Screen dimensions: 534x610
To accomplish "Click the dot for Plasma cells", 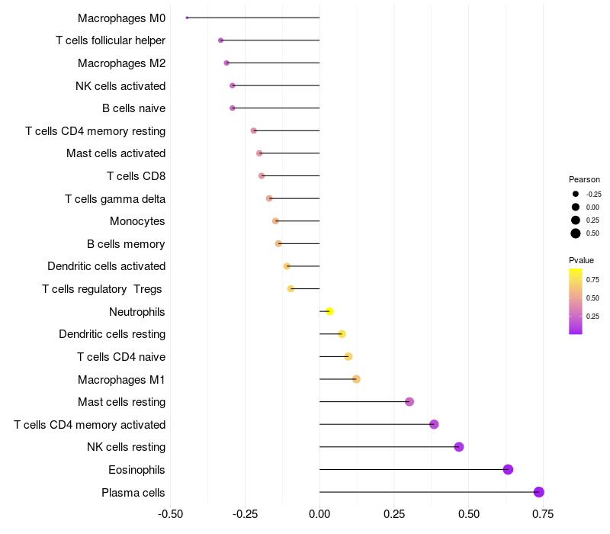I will pos(538,492).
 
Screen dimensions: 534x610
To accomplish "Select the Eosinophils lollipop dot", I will pos(508,469).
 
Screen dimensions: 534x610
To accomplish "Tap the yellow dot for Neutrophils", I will pos(329,311).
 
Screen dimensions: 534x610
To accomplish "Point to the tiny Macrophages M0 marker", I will pos(187,18).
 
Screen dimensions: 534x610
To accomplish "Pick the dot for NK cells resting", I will pos(459,447).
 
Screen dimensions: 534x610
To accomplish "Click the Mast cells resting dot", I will pos(409,401).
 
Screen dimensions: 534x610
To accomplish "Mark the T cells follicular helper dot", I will pos(220,40).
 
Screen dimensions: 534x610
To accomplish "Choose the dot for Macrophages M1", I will pos(356,379).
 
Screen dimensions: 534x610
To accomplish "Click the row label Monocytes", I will pos(137,221).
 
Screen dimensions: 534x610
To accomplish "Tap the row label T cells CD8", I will pos(136,176).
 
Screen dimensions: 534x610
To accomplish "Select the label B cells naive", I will pos(133,108).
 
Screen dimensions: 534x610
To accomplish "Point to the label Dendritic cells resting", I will pos(112,334).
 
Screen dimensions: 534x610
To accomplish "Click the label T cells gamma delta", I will pos(115,199).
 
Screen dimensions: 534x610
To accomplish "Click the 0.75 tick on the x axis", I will pos(543,514).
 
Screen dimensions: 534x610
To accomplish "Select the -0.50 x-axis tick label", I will pos(170,514).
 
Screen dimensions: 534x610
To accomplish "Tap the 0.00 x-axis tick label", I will pos(319,514).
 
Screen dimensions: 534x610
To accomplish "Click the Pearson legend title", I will pos(584,179).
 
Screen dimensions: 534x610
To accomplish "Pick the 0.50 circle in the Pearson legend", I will pos(576,233).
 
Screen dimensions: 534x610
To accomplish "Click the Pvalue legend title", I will pos(581,260).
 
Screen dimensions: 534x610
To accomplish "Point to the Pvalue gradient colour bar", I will pos(576,301).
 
